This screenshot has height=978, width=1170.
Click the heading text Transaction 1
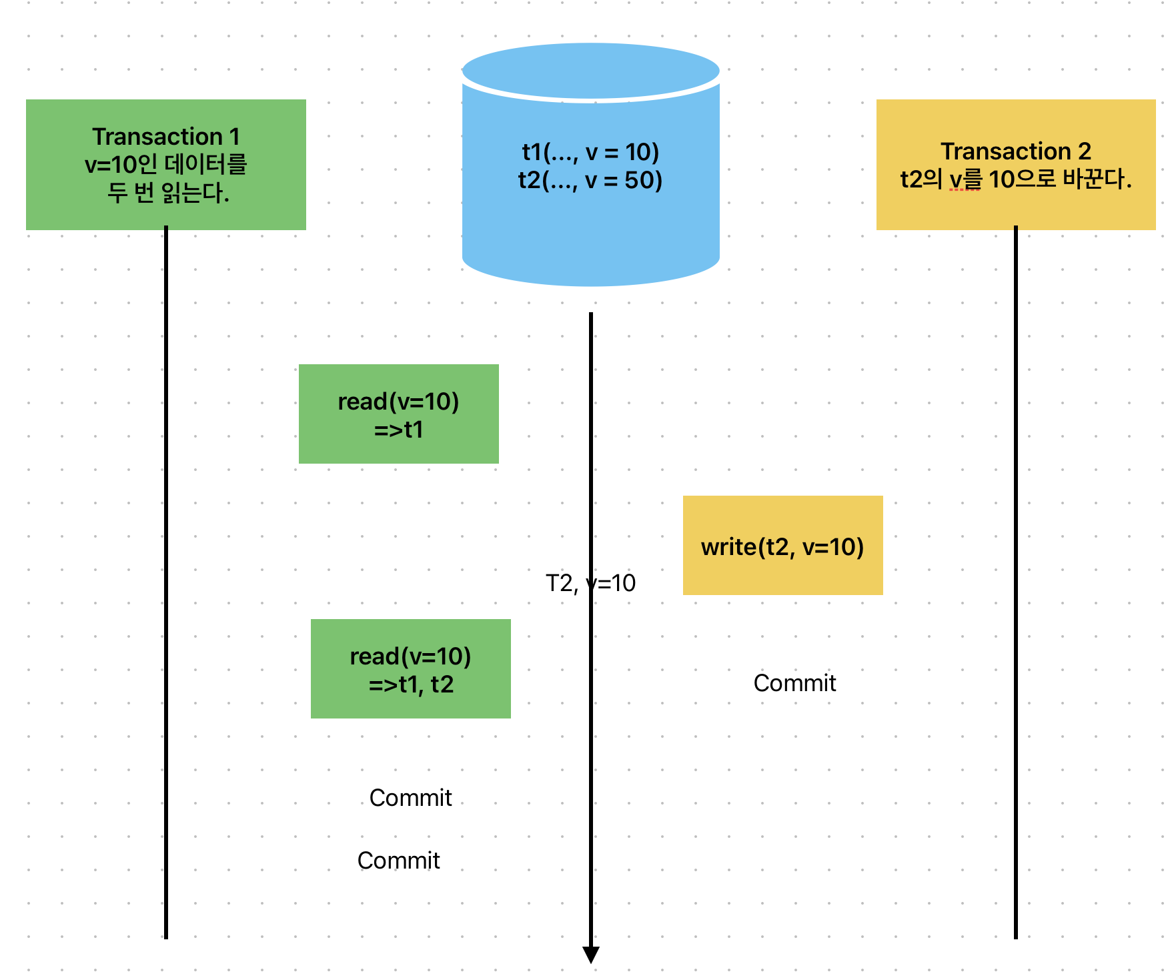[x=165, y=137]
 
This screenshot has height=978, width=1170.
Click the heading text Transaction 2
[x=1015, y=151]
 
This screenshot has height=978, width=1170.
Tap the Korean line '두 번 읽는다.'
[x=168, y=193]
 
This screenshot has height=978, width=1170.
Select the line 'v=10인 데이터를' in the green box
[x=165, y=165]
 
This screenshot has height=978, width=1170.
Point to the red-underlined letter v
[x=956, y=180]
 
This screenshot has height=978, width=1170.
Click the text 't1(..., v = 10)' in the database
[x=590, y=152]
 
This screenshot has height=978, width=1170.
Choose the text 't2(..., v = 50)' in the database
[x=590, y=180]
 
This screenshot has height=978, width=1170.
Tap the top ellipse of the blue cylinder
[x=590, y=71]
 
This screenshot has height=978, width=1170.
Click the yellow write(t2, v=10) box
[x=782, y=546]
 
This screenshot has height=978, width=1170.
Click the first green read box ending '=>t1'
[x=398, y=414]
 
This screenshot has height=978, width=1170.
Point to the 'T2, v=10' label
[x=590, y=583]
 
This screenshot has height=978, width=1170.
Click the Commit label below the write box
[x=794, y=683]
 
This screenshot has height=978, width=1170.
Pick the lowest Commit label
[x=398, y=861]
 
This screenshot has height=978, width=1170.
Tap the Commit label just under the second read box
[x=410, y=798]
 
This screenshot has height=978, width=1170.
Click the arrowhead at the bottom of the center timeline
[x=591, y=955]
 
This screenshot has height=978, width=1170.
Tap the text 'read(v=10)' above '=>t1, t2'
[x=411, y=656]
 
